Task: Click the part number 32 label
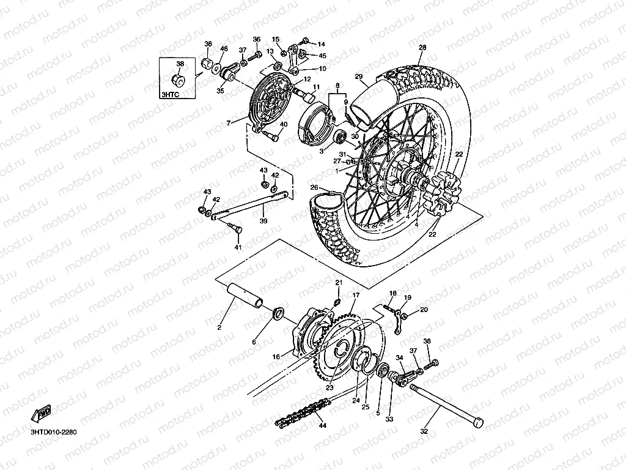(x=424, y=431)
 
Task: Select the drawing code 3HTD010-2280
(x=54, y=432)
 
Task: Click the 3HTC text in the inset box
(x=171, y=94)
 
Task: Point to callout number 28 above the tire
(x=422, y=48)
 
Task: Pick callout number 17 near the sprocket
(x=355, y=295)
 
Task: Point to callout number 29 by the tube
(x=359, y=76)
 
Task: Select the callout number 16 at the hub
(x=276, y=357)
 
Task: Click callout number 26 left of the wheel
(x=314, y=187)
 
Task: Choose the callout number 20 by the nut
(x=424, y=310)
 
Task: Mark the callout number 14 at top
(x=321, y=44)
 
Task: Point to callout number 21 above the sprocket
(x=338, y=282)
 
